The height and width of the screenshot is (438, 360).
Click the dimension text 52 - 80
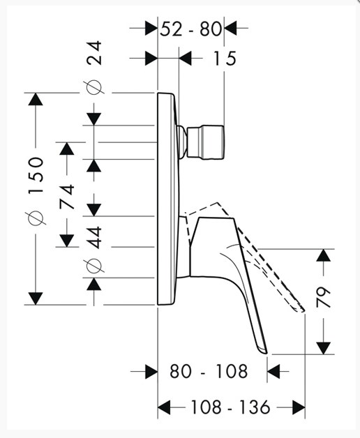[191, 29]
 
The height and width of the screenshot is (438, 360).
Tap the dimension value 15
[225, 59]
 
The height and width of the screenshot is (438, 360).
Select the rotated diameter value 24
[94, 53]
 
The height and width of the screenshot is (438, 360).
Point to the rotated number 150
[36, 176]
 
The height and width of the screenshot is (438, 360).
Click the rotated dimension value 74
[67, 197]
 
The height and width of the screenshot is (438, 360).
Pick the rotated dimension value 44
[94, 237]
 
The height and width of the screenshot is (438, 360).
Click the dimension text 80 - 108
[209, 372]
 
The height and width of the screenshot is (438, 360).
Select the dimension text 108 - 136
[230, 407]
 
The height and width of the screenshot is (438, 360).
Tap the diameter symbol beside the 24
[94, 87]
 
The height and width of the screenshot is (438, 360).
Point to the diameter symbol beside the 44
[94, 266]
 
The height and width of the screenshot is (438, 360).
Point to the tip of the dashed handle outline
[303, 310]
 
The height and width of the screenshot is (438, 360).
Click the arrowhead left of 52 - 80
[151, 28]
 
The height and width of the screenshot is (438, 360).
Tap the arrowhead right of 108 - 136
[299, 407]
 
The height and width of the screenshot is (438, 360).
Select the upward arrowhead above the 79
[324, 255]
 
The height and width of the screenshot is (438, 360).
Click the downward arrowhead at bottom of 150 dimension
[36, 299]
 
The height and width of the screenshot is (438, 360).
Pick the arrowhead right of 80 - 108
[273, 372]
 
